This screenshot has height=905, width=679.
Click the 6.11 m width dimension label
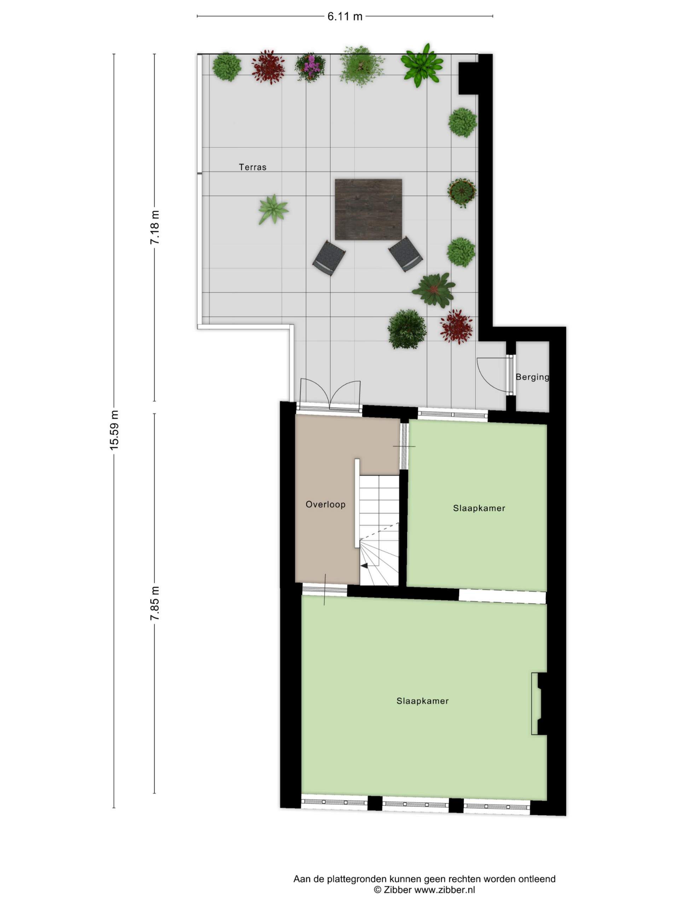(344, 16)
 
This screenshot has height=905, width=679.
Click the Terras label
(253, 167)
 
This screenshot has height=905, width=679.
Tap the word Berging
(532, 377)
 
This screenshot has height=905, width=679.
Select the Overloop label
(325, 504)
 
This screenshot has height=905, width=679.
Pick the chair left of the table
(329, 258)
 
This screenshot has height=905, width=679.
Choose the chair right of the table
(406, 254)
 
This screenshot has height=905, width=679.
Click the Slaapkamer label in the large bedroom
(422, 701)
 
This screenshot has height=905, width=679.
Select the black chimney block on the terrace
(468, 78)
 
